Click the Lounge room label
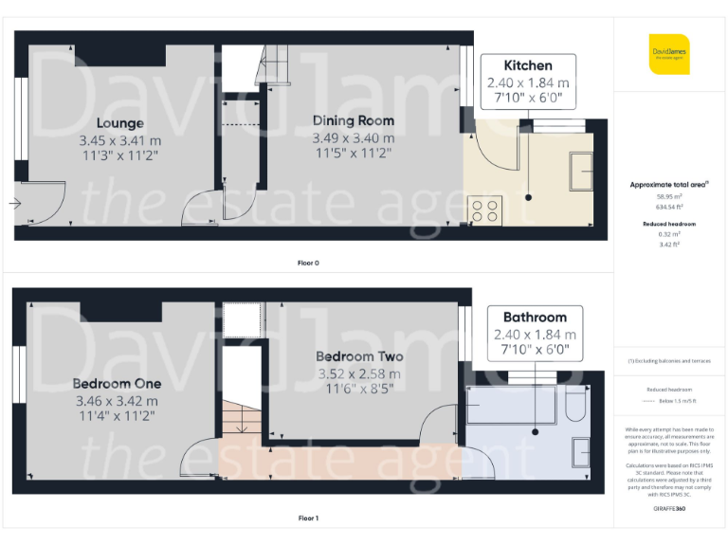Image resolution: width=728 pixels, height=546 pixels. click(119, 123)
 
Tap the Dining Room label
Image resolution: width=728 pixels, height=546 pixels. click(354, 120)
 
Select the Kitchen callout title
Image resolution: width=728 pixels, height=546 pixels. click(528, 65)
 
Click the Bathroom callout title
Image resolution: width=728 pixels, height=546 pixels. click(535, 317)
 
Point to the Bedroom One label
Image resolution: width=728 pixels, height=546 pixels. click(117, 384)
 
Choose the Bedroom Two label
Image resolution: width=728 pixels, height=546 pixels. click(359, 357)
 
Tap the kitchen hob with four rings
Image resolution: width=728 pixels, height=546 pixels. click(483, 210)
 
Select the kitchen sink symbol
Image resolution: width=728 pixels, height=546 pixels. click(578, 171)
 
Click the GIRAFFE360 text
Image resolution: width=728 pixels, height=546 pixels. click(669, 510)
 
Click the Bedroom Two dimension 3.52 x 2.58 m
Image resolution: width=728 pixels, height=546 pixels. click(359, 373)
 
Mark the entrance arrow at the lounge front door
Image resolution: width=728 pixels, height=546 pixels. click(16, 203)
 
